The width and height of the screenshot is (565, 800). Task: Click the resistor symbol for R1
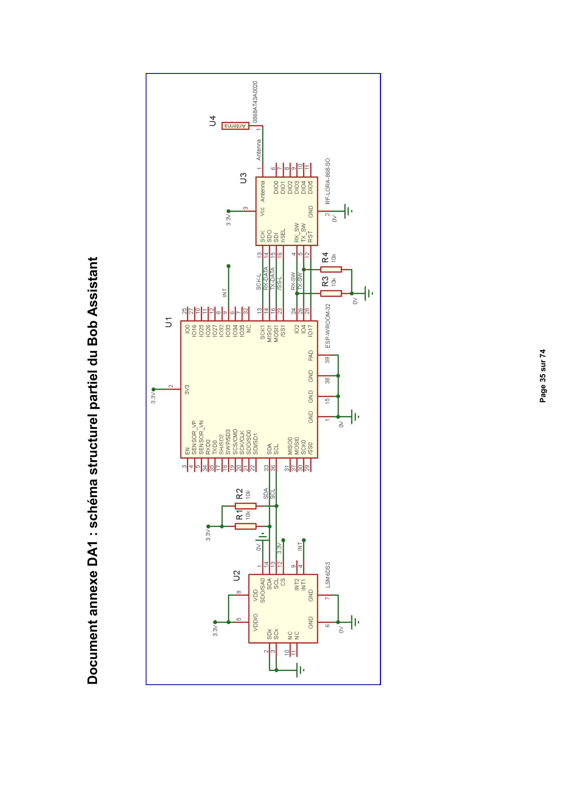pyautogui.click(x=245, y=526)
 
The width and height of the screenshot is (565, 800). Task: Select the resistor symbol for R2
pyautogui.click(x=245, y=506)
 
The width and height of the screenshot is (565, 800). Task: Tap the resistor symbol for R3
pyautogui.click(x=331, y=293)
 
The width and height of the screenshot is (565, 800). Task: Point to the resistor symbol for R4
pyautogui.click(x=331, y=269)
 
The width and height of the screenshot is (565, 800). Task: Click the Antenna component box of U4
pyautogui.click(x=235, y=126)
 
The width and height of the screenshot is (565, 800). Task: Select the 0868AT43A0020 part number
pyautogui.click(x=255, y=102)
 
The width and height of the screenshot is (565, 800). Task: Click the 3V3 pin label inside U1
pyautogui.click(x=187, y=390)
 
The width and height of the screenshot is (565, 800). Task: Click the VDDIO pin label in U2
pyautogui.click(x=256, y=623)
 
